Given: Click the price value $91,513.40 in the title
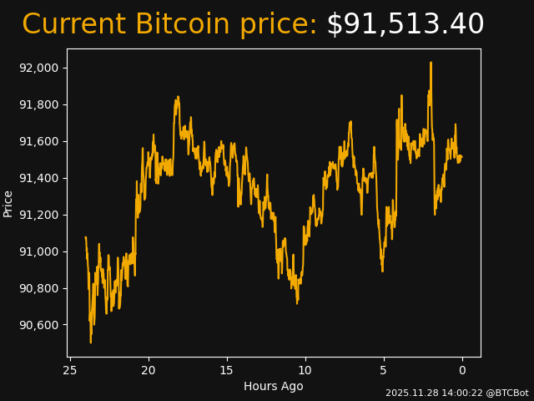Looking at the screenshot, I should pos(405,25).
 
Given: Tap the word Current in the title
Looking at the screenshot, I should pos(73,25).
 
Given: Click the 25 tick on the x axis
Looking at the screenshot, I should pos(70,370).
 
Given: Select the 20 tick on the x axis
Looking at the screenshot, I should pos(149,370).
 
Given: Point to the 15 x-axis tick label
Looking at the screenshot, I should pos(227,370).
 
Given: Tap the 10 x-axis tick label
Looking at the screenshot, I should pos(305,370).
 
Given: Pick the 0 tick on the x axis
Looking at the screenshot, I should pos(462,370).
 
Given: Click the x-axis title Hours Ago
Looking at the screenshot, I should pos(274,386).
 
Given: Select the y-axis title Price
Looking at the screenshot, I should pos(8,203).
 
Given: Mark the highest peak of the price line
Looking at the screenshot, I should pos(431,63).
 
